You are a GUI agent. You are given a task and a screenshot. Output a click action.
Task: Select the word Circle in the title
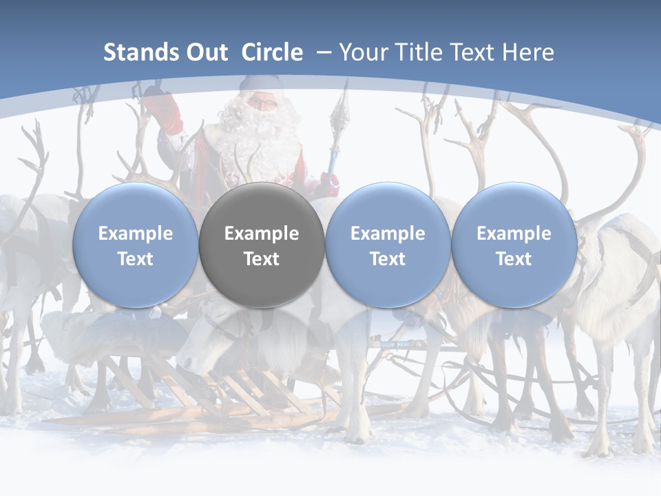click(272, 52)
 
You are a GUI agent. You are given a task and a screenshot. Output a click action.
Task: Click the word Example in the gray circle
click(262, 234)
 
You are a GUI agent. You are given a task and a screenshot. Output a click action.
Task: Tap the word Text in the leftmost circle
click(135, 259)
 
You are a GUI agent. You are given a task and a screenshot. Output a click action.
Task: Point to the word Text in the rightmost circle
click(514, 259)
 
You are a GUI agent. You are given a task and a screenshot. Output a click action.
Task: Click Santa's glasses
click(261, 103)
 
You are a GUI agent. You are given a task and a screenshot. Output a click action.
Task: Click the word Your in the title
click(361, 52)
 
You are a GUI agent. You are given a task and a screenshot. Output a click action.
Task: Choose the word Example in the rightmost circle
click(514, 234)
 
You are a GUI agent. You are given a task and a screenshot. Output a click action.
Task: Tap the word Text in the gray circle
click(262, 259)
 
